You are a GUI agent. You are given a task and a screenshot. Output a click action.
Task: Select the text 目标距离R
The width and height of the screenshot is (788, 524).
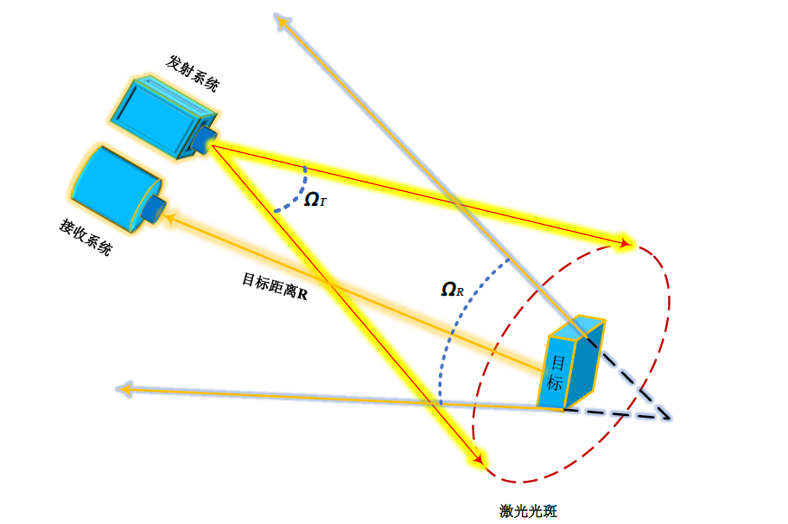coord(275,285)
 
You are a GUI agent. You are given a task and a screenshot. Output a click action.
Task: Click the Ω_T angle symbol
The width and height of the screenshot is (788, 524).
coord(315,200)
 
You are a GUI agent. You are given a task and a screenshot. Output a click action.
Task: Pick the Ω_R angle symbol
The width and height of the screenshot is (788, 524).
coord(453,290)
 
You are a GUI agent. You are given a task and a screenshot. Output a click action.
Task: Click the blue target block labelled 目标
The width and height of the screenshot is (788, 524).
coord(570,362)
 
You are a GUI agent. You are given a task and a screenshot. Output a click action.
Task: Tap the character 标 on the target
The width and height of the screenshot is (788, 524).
coord(554,381)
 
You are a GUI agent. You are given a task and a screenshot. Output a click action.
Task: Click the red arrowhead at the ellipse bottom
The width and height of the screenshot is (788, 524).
coord(475,457)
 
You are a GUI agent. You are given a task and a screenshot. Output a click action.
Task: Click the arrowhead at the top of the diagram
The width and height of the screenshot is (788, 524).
coord(280,20)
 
